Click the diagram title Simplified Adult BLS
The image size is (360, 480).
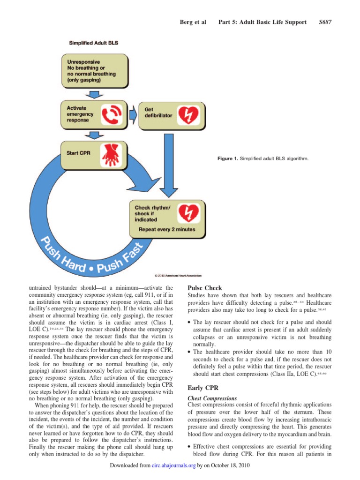pyautogui.click(x=94, y=43)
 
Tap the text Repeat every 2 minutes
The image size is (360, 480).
pyautogui.click(x=166, y=230)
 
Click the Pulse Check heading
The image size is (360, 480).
pyautogui.click(x=204, y=288)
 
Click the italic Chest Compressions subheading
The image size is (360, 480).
pyautogui.click(x=212, y=398)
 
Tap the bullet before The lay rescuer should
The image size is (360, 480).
pyautogui.click(x=189, y=322)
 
